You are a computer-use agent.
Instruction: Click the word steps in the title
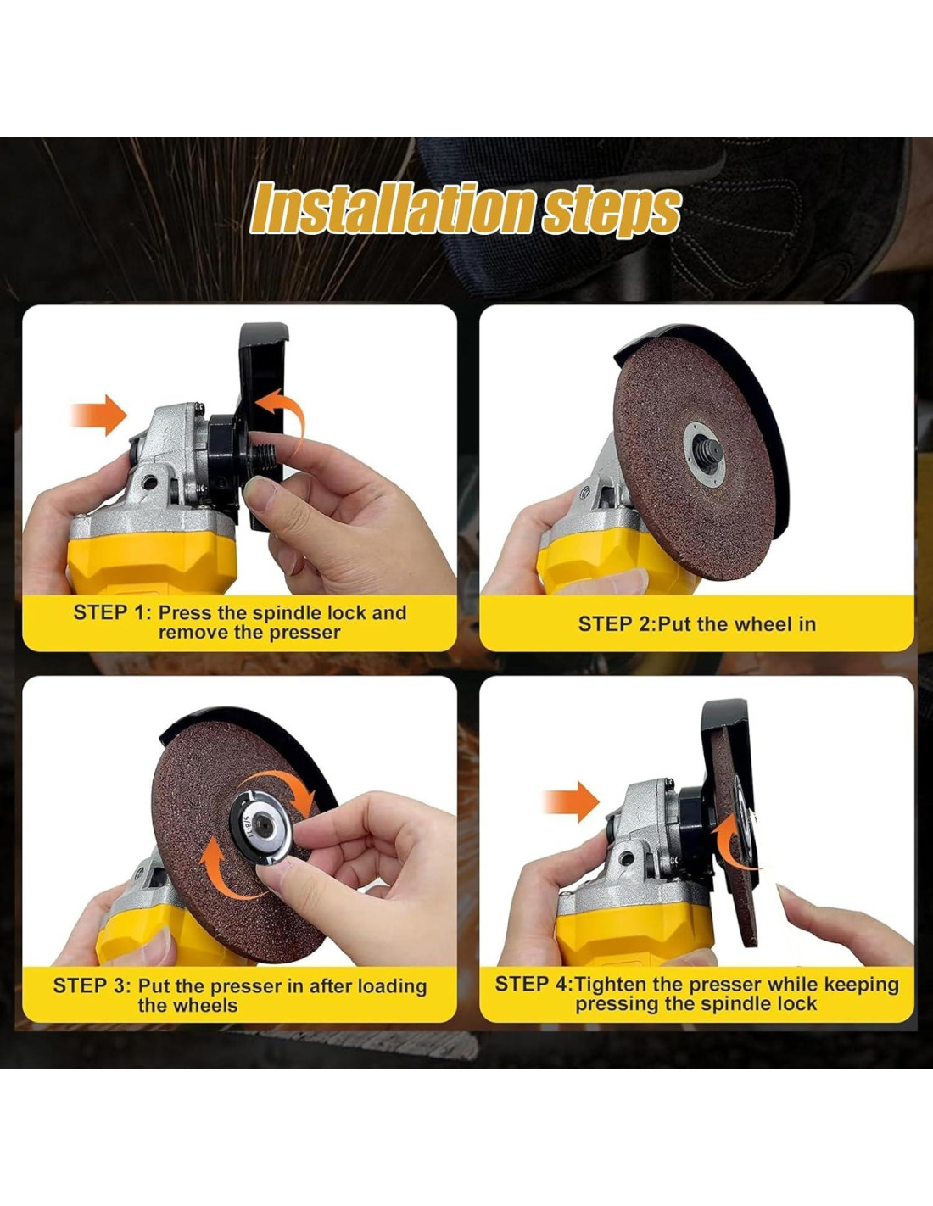(611, 211)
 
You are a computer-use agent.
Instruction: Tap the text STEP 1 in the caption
(109, 613)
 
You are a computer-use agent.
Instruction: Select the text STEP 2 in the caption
(612, 624)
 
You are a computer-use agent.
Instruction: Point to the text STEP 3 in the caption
(89, 985)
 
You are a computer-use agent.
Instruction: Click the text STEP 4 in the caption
(530, 985)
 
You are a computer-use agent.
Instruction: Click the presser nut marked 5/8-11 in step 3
(262, 826)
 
